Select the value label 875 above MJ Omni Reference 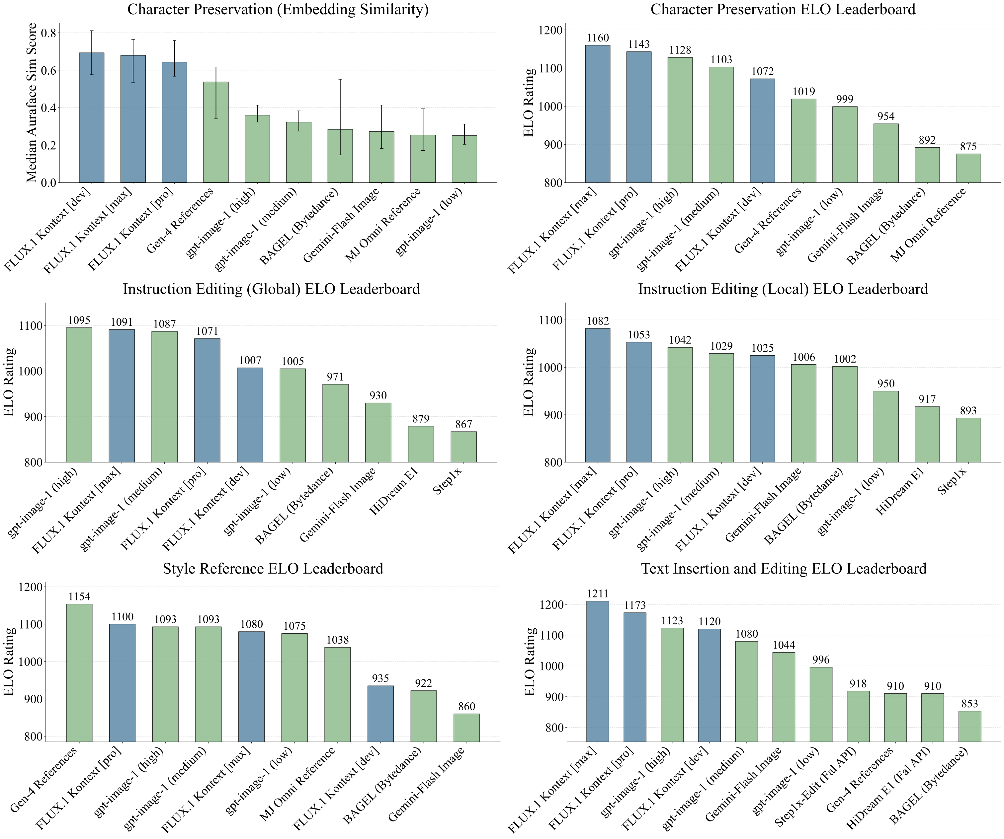pyautogui.click(x=968, y=147)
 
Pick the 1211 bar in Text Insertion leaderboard pyautogui.click(x=598, y=671)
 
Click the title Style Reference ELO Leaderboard pyautogui.click(x=273, y=569)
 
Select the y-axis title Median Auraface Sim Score pyautogui.click(x=32, y=103)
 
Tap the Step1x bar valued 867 pyautogui.click(x=463, y=447)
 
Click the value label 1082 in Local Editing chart pyautogui.click(x=598, y=321)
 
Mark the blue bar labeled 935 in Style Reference pyautogui.click(x=380, y=713)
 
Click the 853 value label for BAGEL pyautogui.click(x=969, y=704)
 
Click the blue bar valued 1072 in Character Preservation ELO pyautogui.click(x=762, y=130)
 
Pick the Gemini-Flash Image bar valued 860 pyautogui.click(x=466, y=728)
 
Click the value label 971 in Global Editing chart pyautogui.click(x=335, y=377)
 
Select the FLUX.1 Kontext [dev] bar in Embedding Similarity pyautogui.click(x=91, y=117)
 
